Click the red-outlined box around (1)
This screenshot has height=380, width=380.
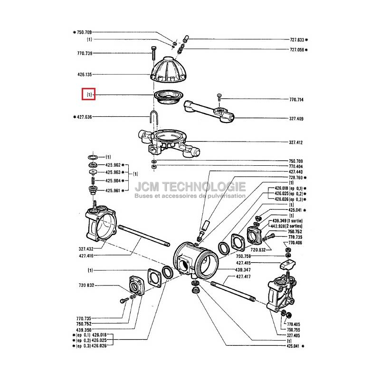tap(89, 95)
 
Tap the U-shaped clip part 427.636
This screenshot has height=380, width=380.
tap(154, 116)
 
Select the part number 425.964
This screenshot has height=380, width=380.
tap(114, 181)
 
